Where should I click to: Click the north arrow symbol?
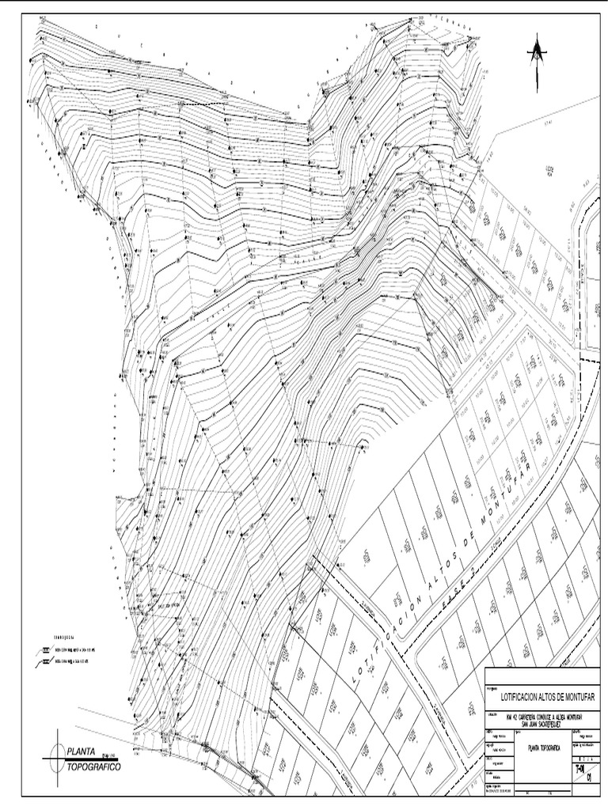click(x=538, y=55)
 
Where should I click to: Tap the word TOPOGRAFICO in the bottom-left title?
click(x=93, y=767)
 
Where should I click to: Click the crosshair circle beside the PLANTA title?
click(x=55, y=759)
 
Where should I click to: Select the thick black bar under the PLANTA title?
click(x=87, y=759)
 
